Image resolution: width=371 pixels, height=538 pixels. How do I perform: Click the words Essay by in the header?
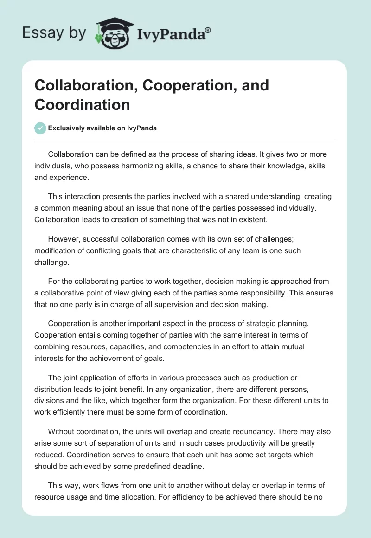coord(54,32)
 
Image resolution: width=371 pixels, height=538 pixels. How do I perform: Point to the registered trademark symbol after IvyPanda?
coord(208,31)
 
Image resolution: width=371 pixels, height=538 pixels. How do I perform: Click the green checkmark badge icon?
coord(40,128)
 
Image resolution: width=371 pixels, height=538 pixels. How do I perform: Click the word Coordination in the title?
coord(82,104)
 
